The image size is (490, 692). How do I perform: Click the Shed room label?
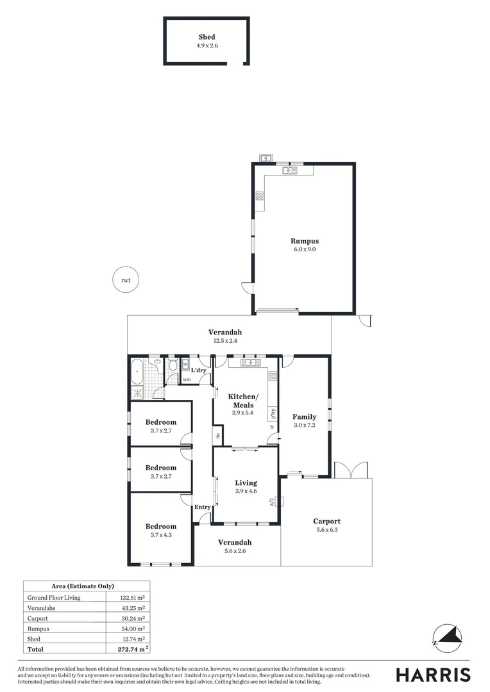207,37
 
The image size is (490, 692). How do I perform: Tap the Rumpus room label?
304,241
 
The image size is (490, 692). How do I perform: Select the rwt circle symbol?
125,280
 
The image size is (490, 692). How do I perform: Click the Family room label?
305,416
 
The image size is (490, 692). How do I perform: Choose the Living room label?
246,482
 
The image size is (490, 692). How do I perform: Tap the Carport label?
326,521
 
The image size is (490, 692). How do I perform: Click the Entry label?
203,507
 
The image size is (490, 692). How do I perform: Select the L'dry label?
198,370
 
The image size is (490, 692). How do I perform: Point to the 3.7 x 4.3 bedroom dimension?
160,534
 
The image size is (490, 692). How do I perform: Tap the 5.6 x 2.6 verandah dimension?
237,550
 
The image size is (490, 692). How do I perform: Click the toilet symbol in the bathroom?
173,367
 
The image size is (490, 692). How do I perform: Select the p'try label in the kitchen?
273,413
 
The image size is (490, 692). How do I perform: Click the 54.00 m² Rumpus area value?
134,629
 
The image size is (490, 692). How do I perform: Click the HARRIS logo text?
433,675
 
